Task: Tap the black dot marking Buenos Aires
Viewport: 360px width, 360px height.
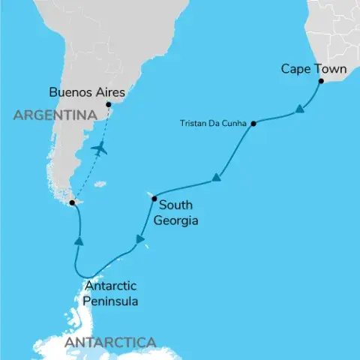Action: click(109, 104)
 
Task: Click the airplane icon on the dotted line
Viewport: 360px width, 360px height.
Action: click(98, 148)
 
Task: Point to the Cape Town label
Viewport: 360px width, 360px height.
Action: click(313, 69)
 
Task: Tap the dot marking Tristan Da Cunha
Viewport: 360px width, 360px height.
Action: click(253, 123)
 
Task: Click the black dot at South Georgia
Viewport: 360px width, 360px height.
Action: click(154, 199)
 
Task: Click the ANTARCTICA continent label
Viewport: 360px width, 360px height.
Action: click(111, 343)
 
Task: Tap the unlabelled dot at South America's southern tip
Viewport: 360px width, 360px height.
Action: click(71, 202)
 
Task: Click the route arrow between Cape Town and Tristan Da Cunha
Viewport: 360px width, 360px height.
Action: click(299, 110)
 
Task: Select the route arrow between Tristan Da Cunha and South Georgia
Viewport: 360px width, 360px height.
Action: click(216, 178)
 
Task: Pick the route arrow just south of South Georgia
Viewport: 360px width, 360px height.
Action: click(139, 240)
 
